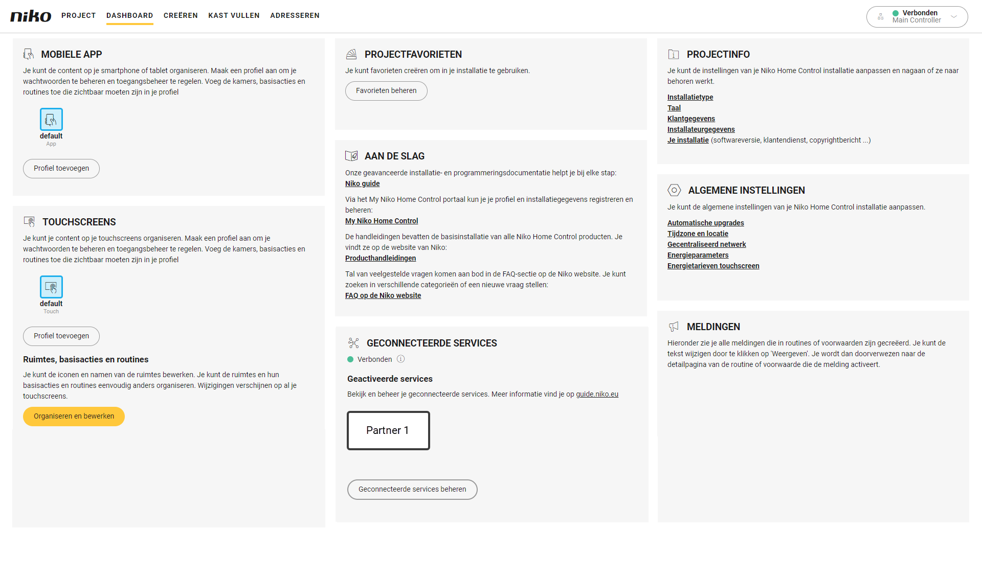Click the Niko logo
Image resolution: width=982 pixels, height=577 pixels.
pyautogui.click(x=31, y=16)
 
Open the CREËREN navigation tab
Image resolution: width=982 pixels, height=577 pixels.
pyautogui.click(x=181, y=15)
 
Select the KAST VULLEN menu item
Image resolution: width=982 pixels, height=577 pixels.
pyautogui.click(x=234, y=15)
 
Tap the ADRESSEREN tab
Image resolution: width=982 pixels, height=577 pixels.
pyautogui.click(x=295, y=15)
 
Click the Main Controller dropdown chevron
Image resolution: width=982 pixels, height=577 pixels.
pyautogui.click(x=954, y=16)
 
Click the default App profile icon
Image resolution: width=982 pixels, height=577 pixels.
pyautogui.click(x=51, y=119)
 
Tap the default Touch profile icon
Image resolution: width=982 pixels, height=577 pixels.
pyautogui.click(x=51, y=287)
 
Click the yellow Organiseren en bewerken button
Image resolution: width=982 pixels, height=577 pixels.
pyautogui.click(x=74, y=416)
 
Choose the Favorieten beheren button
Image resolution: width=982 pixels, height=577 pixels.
pyautogui.click(x=386, y=90)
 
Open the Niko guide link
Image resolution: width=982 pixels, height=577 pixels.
pyautogui.click(x=362, y=183)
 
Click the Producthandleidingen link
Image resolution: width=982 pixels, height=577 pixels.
pyautogui.click(x=381, y=258)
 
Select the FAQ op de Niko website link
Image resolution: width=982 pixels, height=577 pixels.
pyautogui.click(x=383, y=295)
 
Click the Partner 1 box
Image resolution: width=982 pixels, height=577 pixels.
pyautogui.click(x=388, y=430)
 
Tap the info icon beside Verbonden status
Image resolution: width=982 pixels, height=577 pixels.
pyautogui.click(x=401, y=359)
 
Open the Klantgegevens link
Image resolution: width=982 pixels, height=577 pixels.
pyautogui.click(x=691, y=119)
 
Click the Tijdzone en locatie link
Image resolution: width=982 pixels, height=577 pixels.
pyautogui.click(x=698, y=234)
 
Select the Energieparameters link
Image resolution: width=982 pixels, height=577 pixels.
pyautogui.click(x=698, y=255)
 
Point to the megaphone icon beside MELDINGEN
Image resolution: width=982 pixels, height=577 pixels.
pyautogui.click(x=674, y=327)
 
